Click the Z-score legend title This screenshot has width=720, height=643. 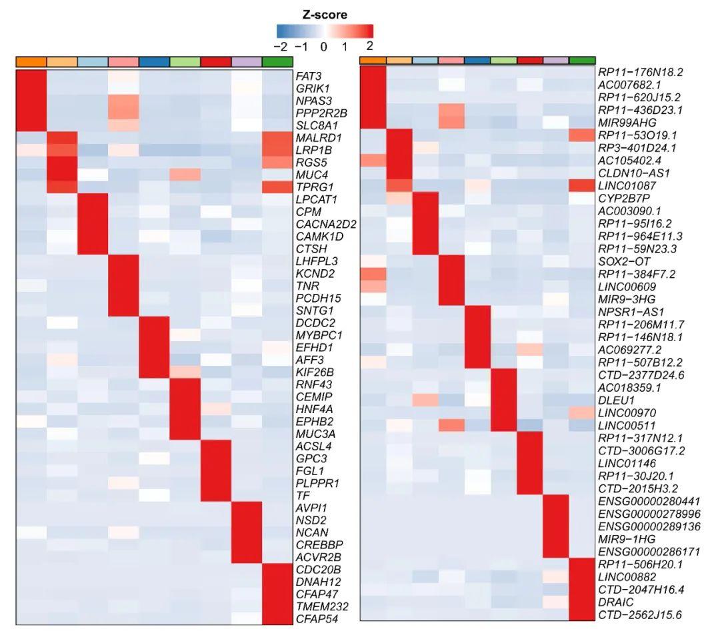(325, 15)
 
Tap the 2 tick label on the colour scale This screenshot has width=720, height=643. (369, 47)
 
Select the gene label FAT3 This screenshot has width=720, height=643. (308, 76)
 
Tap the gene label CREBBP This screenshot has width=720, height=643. (315, 544)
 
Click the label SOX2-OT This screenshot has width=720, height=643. (623, 261)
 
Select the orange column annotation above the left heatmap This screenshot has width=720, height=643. (31, 62)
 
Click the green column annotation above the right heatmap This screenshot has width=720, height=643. (582, 61)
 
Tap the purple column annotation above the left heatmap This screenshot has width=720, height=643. (247, 62)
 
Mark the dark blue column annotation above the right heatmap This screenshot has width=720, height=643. (477, 61)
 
